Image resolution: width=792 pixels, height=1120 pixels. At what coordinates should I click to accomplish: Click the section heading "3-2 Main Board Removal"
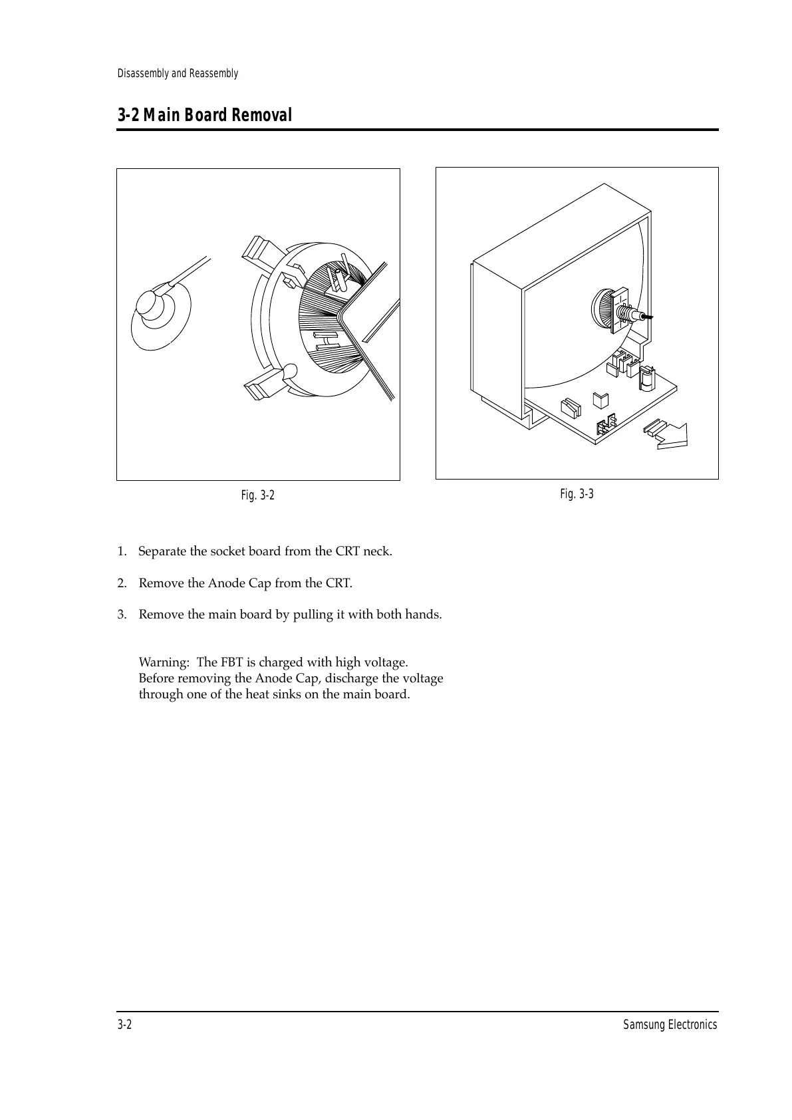click(205, 116)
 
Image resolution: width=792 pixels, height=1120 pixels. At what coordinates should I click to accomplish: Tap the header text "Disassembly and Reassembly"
click(178, 73)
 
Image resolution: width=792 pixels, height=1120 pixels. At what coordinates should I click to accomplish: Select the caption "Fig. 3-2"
click(258, 495)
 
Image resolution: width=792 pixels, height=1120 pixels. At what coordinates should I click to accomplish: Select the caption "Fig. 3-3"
click(577, 493)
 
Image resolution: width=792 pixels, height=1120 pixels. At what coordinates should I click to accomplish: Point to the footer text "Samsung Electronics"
click(670, 1025)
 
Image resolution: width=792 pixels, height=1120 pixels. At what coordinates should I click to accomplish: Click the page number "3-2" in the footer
click(124, 1025)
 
